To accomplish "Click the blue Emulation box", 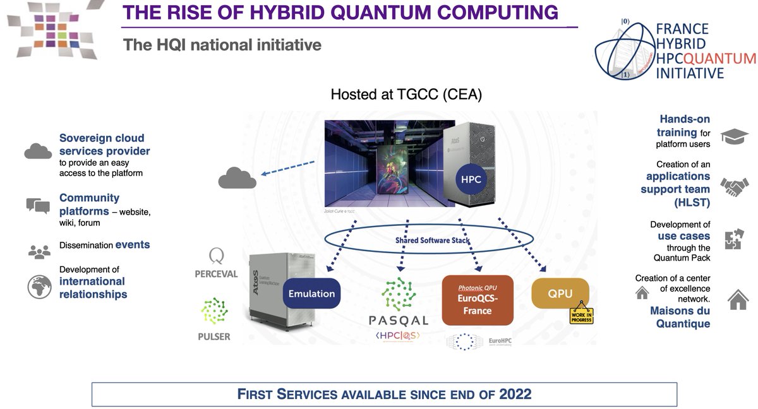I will click(311, 293).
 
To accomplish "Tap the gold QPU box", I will click(560, 293).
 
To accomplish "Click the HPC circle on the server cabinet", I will click(471, 179).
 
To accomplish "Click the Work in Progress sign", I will click(581, 314).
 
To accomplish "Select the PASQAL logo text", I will click(399, 321).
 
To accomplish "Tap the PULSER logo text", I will click(214, 336).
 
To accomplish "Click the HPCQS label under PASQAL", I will click(399, 335).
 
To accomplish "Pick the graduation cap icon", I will click(734, 136).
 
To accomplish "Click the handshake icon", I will click(734, 187).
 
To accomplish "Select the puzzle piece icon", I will click(734, 240).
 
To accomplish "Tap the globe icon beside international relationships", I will click(39, 287).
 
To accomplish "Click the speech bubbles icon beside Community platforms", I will click(38, 206).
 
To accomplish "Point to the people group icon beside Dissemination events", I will click(39, 251).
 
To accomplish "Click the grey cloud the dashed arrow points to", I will click(237, 179).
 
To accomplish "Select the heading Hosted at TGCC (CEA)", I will click(406, 95).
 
